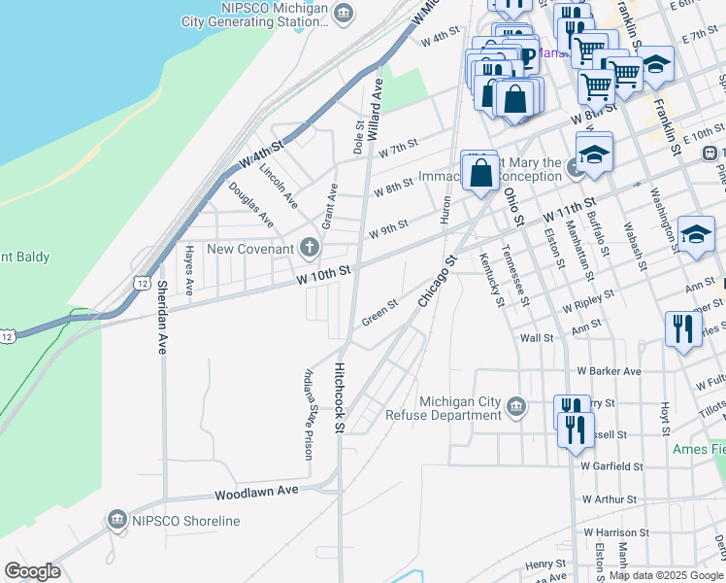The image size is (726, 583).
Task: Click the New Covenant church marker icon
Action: [310, 247]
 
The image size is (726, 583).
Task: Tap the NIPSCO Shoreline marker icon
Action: [118, 520]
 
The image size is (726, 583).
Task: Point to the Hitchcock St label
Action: [340, 397]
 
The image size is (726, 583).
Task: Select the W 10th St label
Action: [322, 274]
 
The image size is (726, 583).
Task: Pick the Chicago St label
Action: [437, 283]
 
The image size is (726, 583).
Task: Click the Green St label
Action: [379, 313]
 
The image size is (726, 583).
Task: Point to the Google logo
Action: [32, 571]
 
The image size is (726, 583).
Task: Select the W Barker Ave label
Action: [609, 371]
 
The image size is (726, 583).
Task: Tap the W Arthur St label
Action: [609, 499]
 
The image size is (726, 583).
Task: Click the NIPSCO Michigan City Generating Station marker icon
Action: [344, 13]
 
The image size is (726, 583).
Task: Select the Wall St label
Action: [536, 338]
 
